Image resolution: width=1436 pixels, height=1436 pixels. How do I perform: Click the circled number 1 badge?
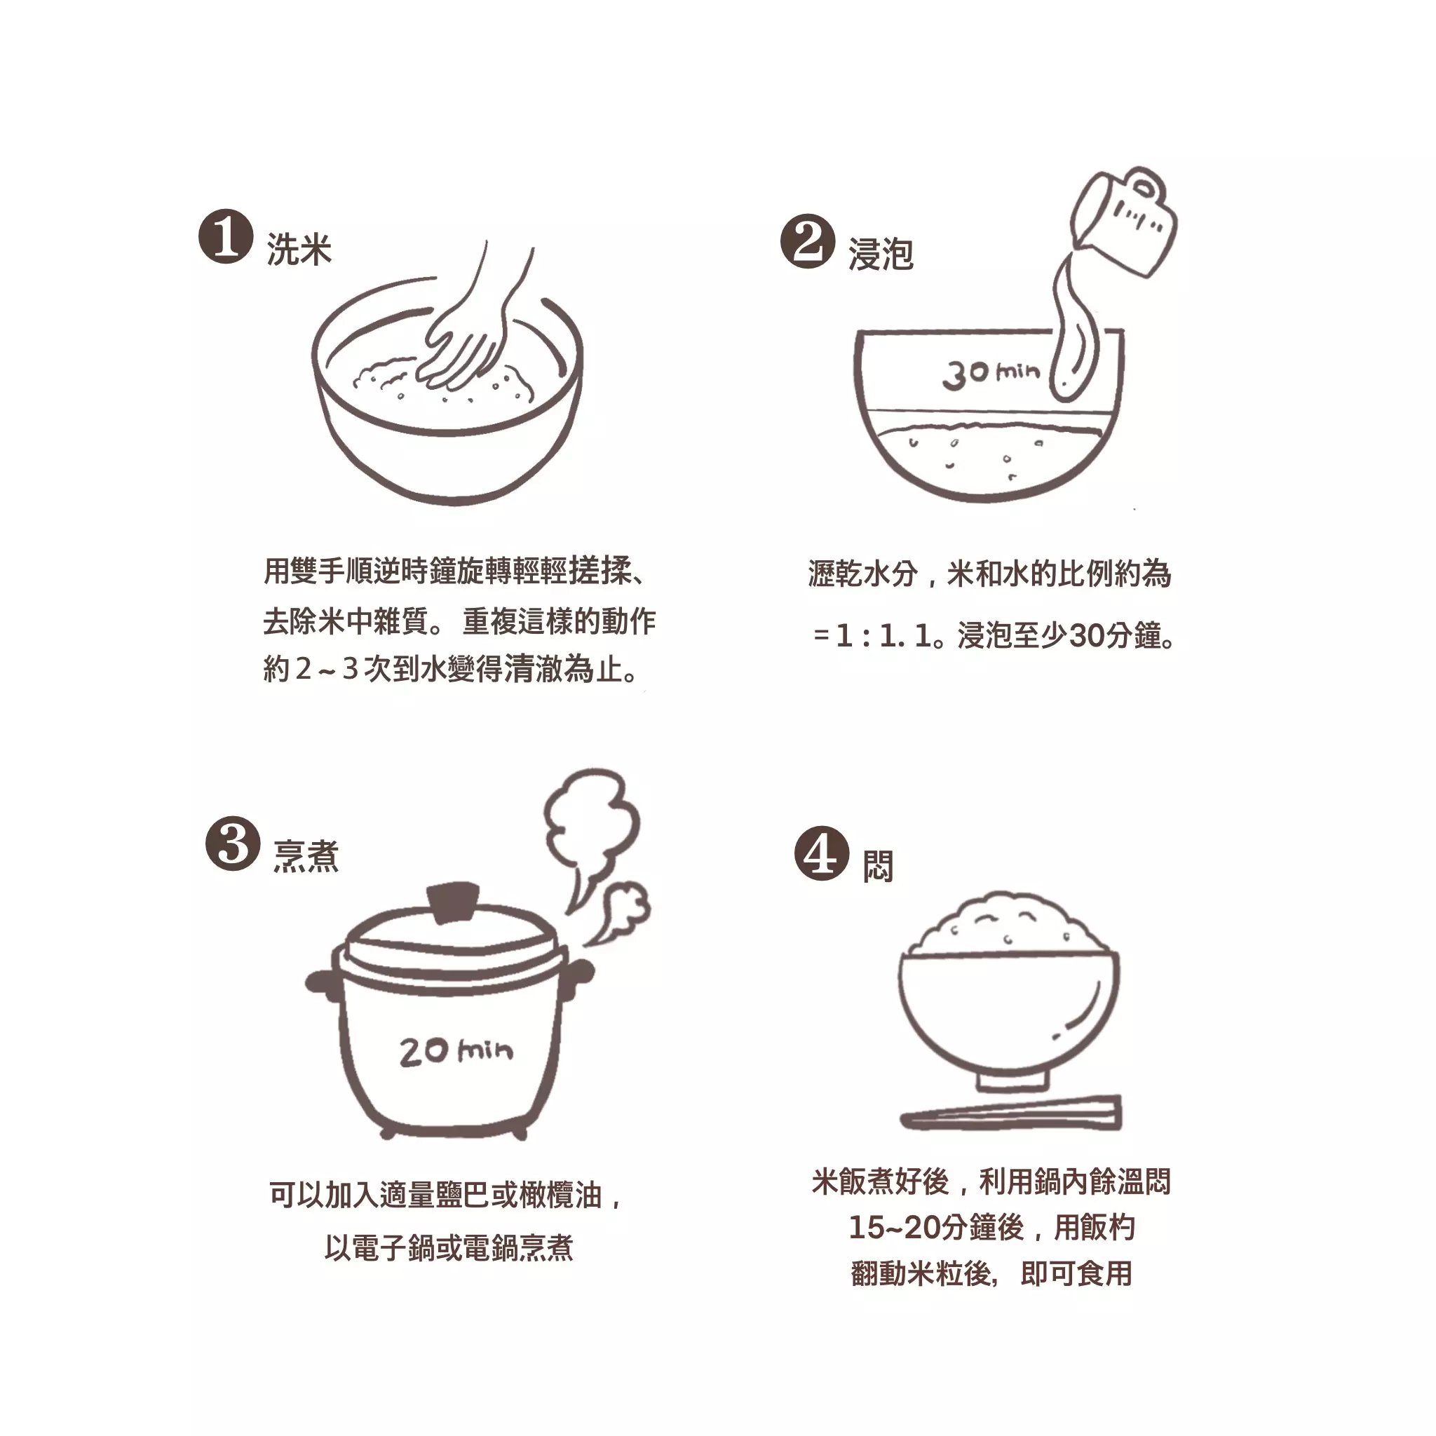pyautogui.click(x=226, y=236)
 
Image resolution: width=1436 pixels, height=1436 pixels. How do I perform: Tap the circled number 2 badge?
pyautogui.click(x=807, y=241)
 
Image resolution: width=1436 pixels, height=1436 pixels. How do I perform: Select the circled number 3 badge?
pyautogui.click(x=233, y=844)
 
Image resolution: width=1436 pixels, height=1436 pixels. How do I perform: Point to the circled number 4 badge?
pyautogui.click(x=821, y=853)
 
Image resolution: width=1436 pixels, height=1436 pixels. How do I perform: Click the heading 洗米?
pyautogui.click(x=299, y=249)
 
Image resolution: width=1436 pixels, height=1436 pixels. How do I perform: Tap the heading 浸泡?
pyautogui.click(x=881, y=255)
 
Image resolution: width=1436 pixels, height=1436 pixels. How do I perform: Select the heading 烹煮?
pyautogui.click(x=306, y=856)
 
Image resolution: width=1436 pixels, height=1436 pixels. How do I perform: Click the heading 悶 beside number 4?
pyautogui.click(x=878, y=867)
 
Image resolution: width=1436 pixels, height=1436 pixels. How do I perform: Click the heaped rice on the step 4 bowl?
pyautogui.click(x=1008, y=927)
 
